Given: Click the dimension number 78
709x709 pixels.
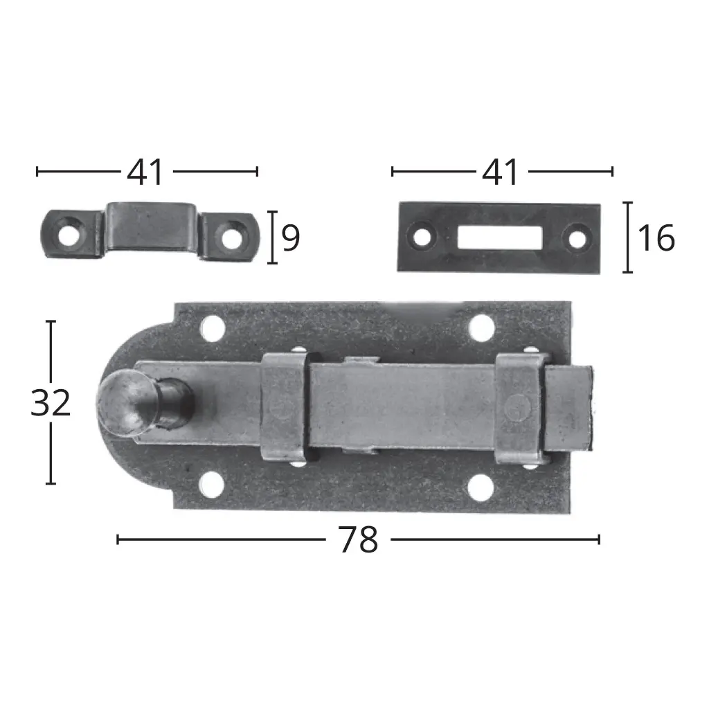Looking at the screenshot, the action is pyautogui.click(x=358, y=539).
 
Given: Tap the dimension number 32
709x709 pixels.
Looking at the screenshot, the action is pyautogui.click(x=51, y=403).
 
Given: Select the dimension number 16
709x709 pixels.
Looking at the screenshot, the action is pyautogui.click(x=656, y=238).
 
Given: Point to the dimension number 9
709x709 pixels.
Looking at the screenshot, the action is pyautogui.click(x=291, y=238).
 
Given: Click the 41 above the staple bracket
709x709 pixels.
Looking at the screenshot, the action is pyautogui.click(x=145, y=172).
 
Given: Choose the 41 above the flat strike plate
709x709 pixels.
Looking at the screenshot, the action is pyautogui.click(x=501, y=172).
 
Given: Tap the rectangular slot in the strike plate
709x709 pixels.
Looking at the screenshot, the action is pyautogui.click(x=500, y=237).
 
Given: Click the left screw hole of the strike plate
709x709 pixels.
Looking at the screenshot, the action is pyautogui.click(x=422, y=236).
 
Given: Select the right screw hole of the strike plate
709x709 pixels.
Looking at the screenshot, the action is pyautogui.click(x=577, y=237).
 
